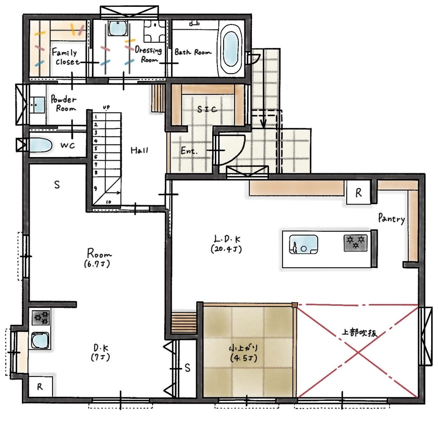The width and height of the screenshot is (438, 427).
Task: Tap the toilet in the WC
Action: pos(40,145)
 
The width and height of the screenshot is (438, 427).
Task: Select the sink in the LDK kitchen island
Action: pos(304,243)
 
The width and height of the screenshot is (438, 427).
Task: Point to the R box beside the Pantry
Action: pos(359,192)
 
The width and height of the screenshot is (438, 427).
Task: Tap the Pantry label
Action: pos(392,219)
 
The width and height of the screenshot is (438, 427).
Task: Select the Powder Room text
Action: pos(63,103)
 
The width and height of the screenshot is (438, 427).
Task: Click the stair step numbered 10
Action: pos(109,201)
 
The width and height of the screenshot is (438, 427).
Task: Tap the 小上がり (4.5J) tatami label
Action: pos(244,352)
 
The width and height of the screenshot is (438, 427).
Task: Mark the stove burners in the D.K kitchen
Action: pos(41,317)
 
